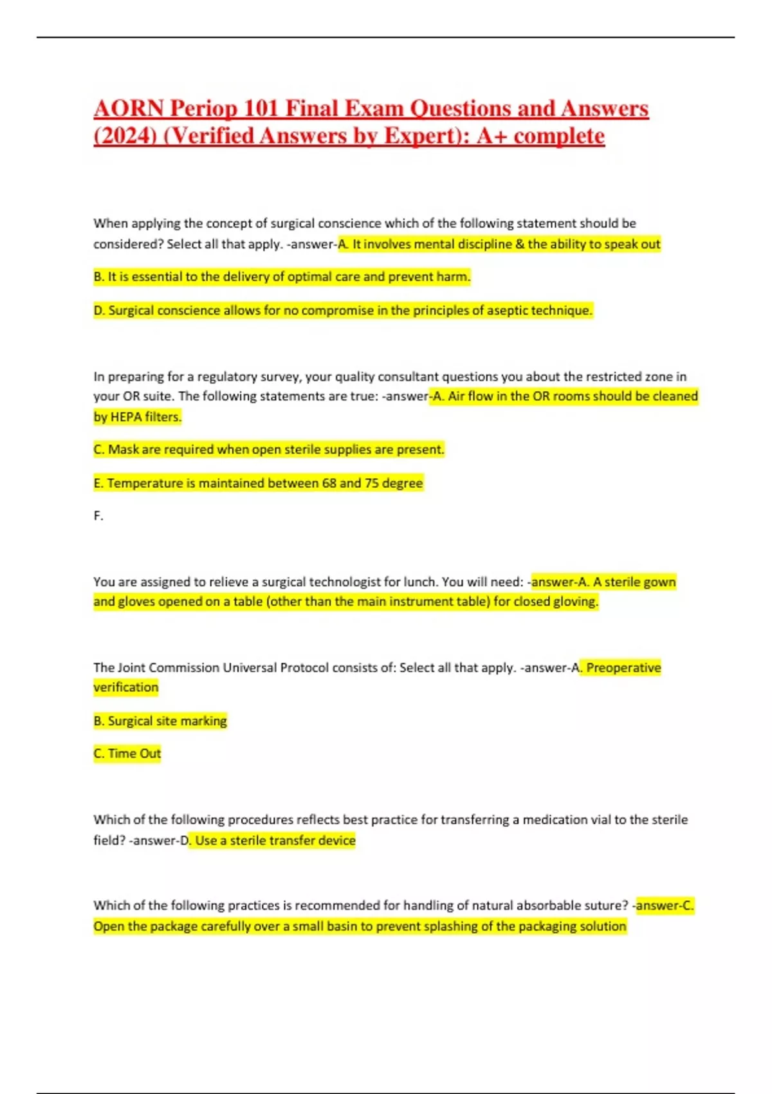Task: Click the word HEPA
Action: pyautogui.click(x=126, y=417)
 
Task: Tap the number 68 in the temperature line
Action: pyautogui.click(x=329, y=483)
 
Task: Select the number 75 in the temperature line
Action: pyautogui.click(x=371, y=483)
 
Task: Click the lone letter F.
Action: pyautogui.click(x=98, y=515)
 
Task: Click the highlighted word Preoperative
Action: pyautogui.click(x=623, y=667)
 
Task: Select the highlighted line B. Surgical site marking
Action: pyautogui.click(x=160, y=721)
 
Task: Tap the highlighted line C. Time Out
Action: pyautogui.click(x=127, y=754)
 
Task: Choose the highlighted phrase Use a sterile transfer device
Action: pyautogui.click(x=275, y=840)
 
